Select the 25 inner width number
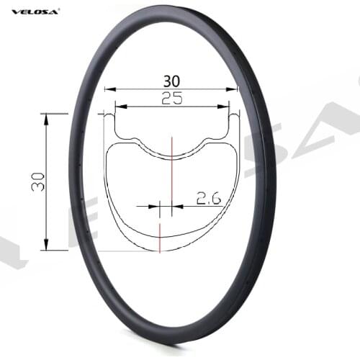[171, 100]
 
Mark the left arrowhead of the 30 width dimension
[107, 90]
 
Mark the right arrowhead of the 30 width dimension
[235, 90]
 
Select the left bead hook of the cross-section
[109, 115]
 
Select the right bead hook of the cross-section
[234, 115]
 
